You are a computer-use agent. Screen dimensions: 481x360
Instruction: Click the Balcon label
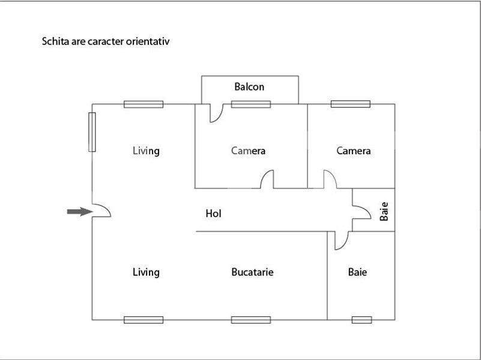pos(249,87)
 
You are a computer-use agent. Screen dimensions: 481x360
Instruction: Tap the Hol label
pos(214,214)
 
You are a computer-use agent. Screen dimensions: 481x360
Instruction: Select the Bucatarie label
pos(252,272)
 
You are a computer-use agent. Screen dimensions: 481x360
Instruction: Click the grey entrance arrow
pos(80,211)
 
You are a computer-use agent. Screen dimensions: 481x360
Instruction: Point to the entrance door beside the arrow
pos(101,211)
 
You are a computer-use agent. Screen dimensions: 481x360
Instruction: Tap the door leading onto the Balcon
pos(217,113)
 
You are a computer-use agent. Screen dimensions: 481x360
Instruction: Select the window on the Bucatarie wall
pos(251,320)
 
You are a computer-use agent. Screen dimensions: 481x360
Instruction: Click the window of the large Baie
pos(362,320)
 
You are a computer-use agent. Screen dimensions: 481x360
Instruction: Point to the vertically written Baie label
pos(384,211)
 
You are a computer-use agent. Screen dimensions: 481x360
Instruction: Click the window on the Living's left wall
pos(92,132)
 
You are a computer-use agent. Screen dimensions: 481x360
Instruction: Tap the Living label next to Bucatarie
pos(146,272)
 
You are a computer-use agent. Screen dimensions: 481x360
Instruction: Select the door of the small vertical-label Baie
pos(362,212)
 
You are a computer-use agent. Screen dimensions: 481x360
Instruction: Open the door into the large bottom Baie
pos(342,241)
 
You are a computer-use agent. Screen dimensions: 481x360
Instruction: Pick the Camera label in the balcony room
pos(248,151)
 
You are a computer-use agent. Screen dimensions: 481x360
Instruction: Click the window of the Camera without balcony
pos(351,104)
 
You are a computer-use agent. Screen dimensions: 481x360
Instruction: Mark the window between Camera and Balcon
pos(251,104)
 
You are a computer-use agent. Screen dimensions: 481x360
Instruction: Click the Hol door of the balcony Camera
pos(267,179)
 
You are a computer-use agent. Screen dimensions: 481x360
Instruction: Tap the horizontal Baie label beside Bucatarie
pos(357,272)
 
